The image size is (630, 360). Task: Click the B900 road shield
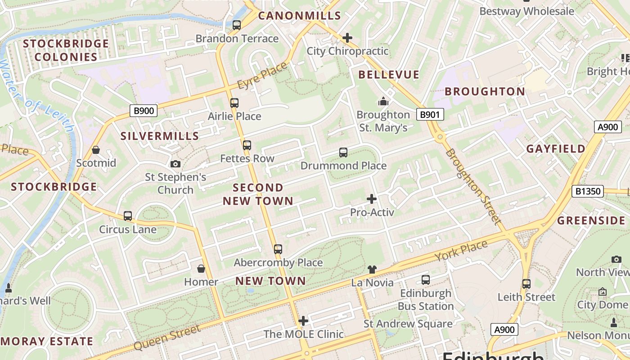click(144, 110)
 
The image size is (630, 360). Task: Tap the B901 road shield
click(429, 115)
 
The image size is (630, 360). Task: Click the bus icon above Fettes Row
click(247, 145)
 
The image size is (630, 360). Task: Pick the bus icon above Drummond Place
click(343, 153)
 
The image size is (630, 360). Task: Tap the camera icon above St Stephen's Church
click(175, 164)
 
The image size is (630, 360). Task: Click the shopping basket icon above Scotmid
click(95, 150)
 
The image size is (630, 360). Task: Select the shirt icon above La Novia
click(372, 270)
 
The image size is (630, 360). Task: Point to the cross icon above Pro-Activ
click(372, 198)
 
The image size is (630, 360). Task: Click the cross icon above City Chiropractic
click(347, 38)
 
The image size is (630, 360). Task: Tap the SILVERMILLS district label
click(160, 136)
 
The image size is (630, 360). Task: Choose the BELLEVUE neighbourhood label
click(389, 75)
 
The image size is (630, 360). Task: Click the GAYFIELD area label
click(556, 149)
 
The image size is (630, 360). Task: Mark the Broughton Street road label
click(473, 187)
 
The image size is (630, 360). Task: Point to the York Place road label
click(461, 252)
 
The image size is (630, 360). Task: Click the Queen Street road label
click(167, 338)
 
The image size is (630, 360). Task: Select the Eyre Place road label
click(262, 76)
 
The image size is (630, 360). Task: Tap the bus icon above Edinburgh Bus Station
click(426, 280)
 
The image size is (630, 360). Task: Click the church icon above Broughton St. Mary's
click(383, 102)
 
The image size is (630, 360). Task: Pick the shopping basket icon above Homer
click(201, 269)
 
